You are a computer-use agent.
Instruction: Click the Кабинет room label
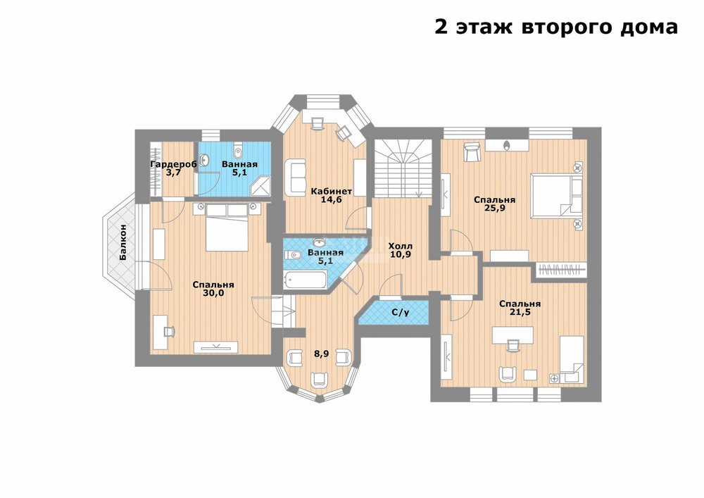332,192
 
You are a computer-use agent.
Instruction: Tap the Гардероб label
173,164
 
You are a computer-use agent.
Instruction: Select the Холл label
401,246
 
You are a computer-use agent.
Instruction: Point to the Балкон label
123,242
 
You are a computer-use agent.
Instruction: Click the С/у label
401,312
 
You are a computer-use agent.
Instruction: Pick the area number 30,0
213,293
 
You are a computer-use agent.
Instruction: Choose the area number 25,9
495,208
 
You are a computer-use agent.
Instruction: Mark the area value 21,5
520,311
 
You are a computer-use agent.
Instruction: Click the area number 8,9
322,354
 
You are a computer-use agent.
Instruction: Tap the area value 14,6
332,199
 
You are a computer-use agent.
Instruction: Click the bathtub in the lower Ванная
306,280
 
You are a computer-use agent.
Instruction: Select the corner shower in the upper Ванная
260,185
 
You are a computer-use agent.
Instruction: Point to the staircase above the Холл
403,168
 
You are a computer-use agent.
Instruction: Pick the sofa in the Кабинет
294,177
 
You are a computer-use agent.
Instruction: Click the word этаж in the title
484,27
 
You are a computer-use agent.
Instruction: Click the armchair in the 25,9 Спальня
472,152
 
